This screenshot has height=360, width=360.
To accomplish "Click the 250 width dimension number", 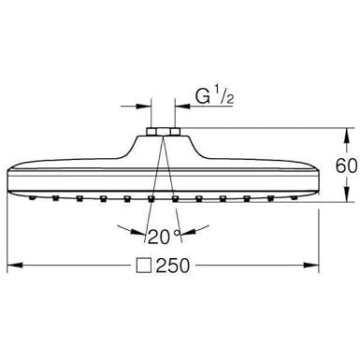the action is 173,266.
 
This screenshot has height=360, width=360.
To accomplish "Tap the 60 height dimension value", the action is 346,166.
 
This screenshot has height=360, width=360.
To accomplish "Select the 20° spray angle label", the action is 164,237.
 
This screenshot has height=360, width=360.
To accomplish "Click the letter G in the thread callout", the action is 202,96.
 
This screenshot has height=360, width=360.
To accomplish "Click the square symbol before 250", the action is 144,266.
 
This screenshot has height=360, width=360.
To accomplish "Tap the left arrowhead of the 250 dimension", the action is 15,266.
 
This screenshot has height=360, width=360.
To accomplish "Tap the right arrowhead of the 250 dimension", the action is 311,266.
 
